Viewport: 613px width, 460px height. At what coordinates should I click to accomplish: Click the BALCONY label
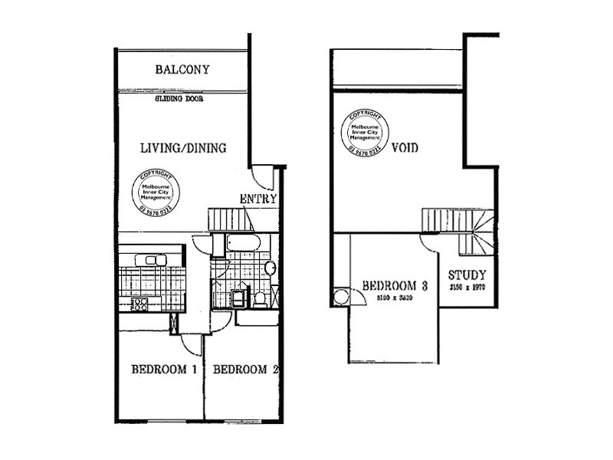(182, 70)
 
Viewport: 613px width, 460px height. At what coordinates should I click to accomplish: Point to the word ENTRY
(258, 199)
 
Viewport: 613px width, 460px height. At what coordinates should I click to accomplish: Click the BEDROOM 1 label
(164, 370)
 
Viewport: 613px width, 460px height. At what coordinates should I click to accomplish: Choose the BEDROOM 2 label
(244, 370)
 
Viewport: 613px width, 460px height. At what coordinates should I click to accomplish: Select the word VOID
(405, 147)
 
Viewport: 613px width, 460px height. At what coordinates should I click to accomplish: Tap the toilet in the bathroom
(260, 297)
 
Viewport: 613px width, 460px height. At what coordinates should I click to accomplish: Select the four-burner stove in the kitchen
(139, 304)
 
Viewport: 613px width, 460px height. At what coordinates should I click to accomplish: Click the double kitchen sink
(150, 260)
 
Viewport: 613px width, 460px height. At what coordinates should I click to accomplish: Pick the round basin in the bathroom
(270, 268)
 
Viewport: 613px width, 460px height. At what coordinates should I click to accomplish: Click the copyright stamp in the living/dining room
(156, 192)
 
